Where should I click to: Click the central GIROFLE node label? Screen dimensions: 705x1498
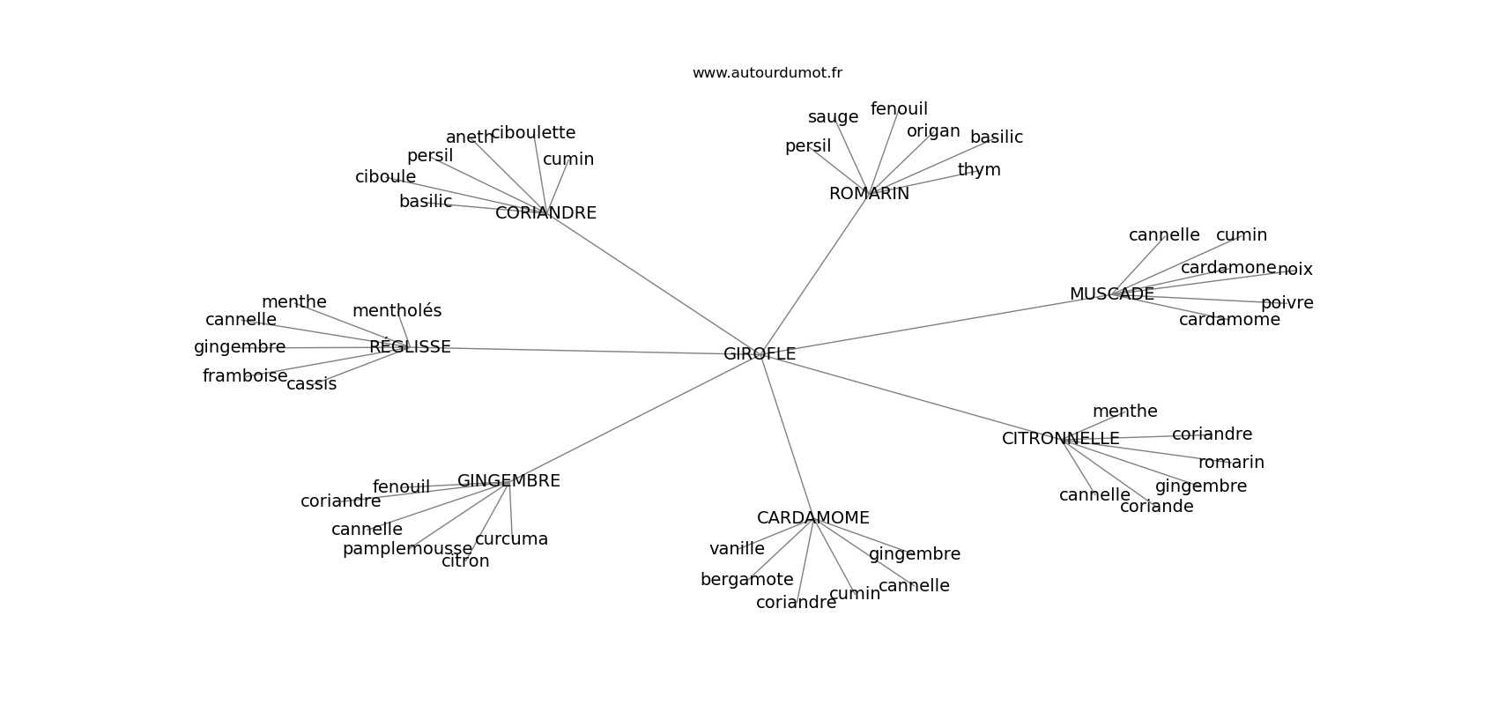pos(759,354)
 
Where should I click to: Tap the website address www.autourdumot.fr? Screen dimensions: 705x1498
pos(767,73)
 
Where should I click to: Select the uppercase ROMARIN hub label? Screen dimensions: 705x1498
pos(869,194)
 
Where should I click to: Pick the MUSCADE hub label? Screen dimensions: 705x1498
pos(1111,294)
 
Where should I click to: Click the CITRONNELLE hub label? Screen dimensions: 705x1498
pos(1060,439)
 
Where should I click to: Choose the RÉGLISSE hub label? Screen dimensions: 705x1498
pos(410,347)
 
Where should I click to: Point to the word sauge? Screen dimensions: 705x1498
pos(833,117)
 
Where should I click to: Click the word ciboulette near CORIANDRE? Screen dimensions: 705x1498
pos(532,133)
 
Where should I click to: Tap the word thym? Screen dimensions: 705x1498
pos(979,170)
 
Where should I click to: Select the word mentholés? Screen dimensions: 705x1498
pos(397,311)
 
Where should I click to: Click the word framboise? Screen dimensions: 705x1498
pos(245,376)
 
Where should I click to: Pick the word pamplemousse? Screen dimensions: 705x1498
pos(407,549)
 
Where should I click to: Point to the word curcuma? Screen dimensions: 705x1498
pos(511,539)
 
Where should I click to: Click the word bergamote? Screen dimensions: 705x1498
pos(746,580)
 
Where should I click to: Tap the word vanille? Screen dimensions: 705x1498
pos(737,549)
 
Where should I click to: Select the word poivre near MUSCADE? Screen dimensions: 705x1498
pos(1287,303)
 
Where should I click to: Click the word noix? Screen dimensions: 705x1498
pos(1294,270)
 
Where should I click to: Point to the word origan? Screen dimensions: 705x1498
pos(933,131)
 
